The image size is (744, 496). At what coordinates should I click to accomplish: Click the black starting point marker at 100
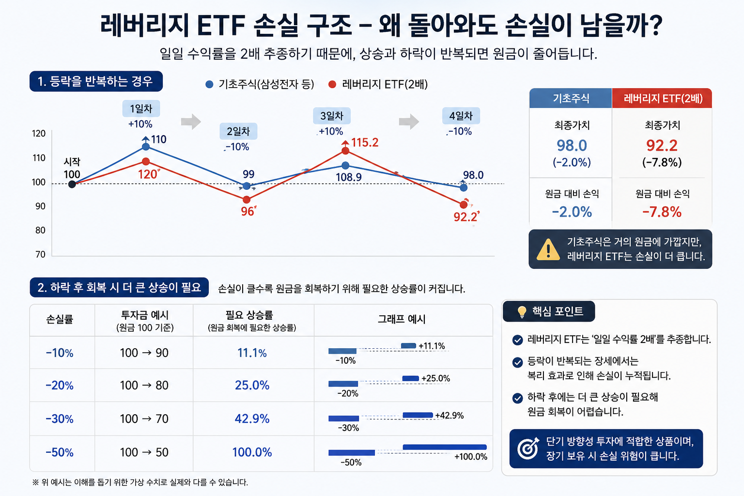(x=72, y=184)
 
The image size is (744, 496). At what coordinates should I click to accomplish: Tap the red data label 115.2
(x=365, y=142)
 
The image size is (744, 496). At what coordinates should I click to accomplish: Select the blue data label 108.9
(x=348, y=177)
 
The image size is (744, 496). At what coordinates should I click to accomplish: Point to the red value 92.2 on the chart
(x=465, y=217)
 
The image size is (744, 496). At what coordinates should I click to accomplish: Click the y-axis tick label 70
(x=40, y=254)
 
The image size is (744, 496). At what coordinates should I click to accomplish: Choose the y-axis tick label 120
(x=39, y=134)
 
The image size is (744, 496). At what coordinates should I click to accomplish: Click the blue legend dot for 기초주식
(x=209, y=84)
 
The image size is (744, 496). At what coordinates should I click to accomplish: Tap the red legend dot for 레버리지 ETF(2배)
(x=332, y=84)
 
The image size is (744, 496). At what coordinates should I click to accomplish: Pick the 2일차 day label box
(x=238, y=131)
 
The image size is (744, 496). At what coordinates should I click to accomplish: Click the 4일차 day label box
(x=461, y=116)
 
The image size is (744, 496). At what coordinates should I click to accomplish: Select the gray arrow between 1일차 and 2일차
(x=191, y=122)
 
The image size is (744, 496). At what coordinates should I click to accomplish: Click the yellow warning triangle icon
(x=548, y=249)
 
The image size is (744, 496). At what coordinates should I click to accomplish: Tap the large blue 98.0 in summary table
(x=572, y=145)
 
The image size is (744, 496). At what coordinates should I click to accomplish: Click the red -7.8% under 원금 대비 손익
(x=662, y=212)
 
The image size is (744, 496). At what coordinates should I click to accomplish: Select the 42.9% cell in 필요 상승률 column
(x=252, y=418)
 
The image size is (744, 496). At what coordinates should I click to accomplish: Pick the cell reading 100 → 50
(x=144, y=452)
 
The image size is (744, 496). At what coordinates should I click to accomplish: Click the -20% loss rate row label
(x=60, y=386)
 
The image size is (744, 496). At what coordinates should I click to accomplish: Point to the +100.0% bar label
(x=471, y=457)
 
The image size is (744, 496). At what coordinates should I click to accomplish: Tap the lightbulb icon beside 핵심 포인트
(x=522, y=311)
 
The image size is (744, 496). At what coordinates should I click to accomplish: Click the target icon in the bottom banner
(x=528, y=448)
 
